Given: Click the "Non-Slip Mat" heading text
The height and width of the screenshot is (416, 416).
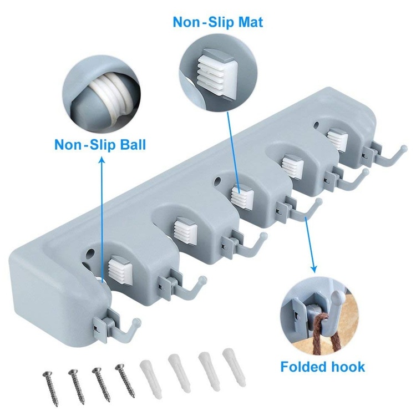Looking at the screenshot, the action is click(x=218, y=22).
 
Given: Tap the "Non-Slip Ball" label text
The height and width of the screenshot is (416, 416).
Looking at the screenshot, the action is click(x=100, y=145).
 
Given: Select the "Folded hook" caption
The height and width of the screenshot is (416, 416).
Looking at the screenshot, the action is click(x=323, y=367).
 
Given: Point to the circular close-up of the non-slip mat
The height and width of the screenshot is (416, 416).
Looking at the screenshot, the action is click(x=219, y=70).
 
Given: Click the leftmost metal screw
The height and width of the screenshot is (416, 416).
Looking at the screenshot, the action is click(x=50, y=385).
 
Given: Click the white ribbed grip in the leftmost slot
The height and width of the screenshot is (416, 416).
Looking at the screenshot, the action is click(x=120, y=271).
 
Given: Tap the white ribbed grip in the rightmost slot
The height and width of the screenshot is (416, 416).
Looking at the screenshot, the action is click(x=337, y=140).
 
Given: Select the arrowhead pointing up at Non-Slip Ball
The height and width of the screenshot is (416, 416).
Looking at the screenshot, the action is click(x=102, y=159).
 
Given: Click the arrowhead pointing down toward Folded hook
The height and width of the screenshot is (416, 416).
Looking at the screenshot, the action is click(x=314, y=269).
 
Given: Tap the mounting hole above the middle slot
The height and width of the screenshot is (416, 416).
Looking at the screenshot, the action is click(x=217, y=182).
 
